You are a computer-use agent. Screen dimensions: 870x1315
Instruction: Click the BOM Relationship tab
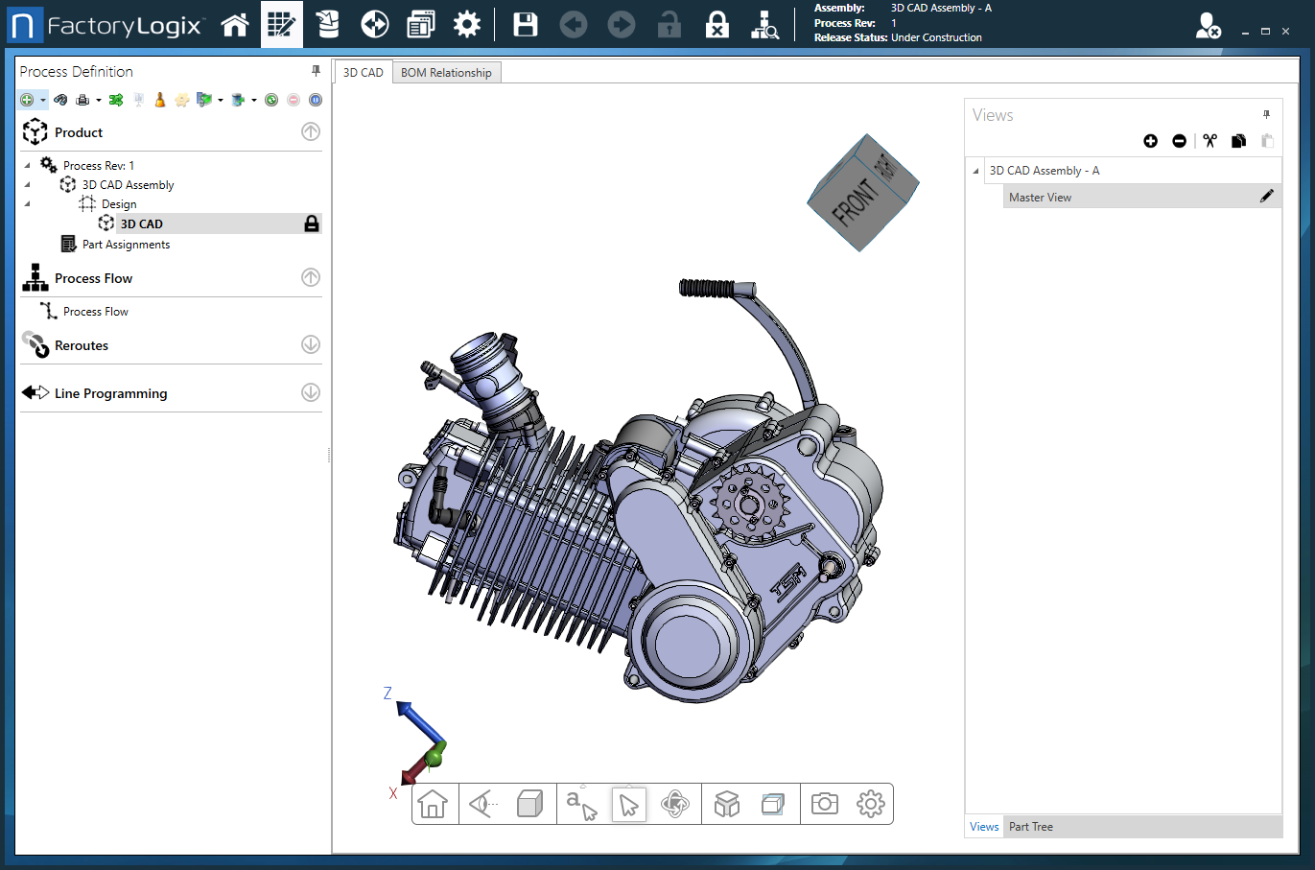(446, 73)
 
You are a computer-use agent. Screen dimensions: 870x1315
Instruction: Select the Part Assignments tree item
(126, 245)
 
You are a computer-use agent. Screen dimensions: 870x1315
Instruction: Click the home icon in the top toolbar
(235, 25)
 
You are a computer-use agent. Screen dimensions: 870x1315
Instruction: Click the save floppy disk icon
(526, 25)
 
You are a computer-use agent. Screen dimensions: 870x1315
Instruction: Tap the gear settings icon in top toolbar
(467, 25)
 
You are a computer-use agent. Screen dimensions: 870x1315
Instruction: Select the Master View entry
(1040, 198)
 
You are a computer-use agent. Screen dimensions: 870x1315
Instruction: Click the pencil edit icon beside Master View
(1266, 197)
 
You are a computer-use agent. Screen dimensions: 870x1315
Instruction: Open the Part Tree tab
(1030, 827)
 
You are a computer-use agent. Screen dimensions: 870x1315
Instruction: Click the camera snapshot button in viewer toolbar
(824, 804)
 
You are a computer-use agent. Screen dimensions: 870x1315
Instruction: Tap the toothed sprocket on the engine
(749, 504)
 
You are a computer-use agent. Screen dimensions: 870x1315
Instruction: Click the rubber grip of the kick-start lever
(707, 288)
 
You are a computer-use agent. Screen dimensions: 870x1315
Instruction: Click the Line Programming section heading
(110, 393)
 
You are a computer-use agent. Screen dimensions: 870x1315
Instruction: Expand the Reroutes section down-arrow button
(311, 344)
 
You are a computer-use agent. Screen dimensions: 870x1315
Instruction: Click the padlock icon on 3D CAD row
(312, 223)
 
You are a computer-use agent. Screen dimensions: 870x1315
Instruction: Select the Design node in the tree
(119, 204)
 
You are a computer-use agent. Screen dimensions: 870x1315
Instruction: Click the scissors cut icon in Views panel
(1209, 141)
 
